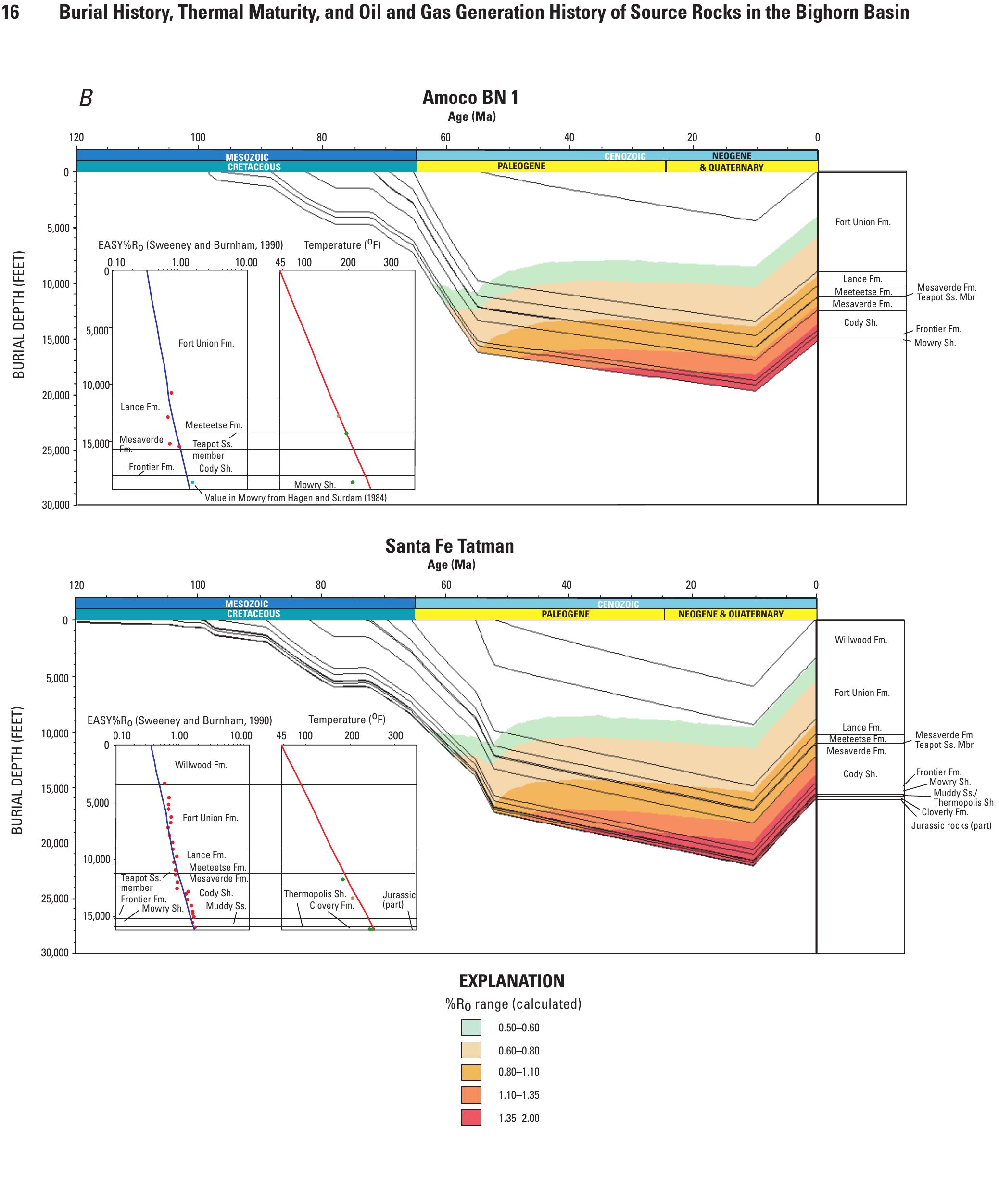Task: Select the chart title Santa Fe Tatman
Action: coord(450,546)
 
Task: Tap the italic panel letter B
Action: coord(86,99)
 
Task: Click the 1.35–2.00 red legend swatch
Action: coord(471,1117)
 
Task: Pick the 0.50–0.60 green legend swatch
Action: coord(471,1027)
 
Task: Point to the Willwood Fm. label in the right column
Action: coord(860,640)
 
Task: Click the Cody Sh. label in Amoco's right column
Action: coord(860,322)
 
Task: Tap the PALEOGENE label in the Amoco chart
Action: coord(521,166)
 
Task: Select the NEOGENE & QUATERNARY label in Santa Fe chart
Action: coord(731,614)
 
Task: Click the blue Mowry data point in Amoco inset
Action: coord(192,483)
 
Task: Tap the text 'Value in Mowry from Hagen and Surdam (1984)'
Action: coord(296,498)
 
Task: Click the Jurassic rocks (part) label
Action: coord(951,825)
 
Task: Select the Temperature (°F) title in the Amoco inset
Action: coord(342,245)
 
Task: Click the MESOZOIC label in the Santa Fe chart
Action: coord(246,604)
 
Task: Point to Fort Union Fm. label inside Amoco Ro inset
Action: coord(206,343)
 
